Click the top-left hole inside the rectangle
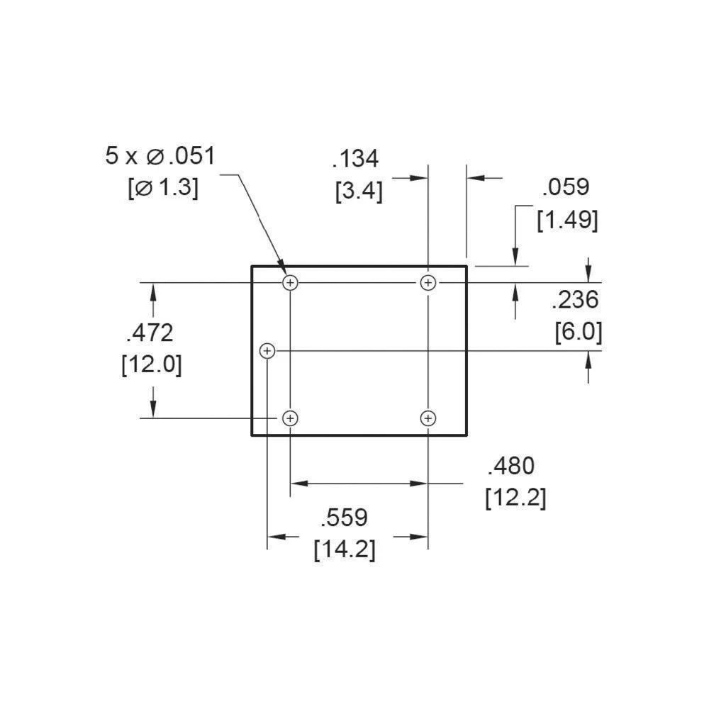coord(290,283)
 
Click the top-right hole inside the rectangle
coord(428,283)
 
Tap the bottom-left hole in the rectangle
coord(290,418)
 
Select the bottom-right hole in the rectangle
coord(428,418)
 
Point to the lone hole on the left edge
coord(267,350)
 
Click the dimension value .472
coord(150,332)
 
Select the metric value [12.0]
coord(151,364)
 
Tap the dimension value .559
coord(345,518)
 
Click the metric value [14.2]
coord(345,549)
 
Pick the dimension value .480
coord(510,466)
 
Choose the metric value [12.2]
coord(515,498)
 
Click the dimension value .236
coord(575,300)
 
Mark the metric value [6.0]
coord(578,332)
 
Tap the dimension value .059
coord(565,187)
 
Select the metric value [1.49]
coord(567,220)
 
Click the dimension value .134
coord(356,160)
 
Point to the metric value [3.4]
coord(359,191)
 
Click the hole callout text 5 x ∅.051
coord(160,155)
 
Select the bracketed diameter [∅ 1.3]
coord(162,188)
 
